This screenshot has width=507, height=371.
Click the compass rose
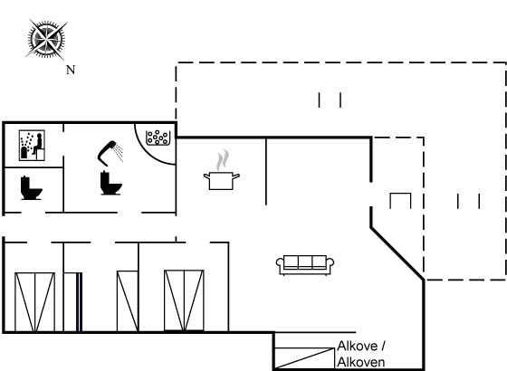(x=46, y=40)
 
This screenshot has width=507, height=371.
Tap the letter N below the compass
(x=71, y=70)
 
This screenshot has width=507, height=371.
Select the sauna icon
(x=32, y=145)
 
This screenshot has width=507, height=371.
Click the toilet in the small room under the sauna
(x=31, y=188)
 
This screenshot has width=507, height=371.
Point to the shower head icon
(x=110, y=153)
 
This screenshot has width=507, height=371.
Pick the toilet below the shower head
(x=110, y=183)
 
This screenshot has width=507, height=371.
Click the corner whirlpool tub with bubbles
(x=158, y=138)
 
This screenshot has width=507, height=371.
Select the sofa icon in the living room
(x=305, y=265)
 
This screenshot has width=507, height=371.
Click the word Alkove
(x=358, y=346)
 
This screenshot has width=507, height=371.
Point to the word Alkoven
(x=361, y=362)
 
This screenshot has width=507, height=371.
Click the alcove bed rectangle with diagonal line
(x=304, y=358)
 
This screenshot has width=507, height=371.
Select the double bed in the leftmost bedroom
(x=34, y=302)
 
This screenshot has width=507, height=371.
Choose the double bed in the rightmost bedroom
(x=184, y=300)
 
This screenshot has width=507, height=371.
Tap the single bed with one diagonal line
(x=128, y=301)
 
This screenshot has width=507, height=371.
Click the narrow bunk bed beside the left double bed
(x=72, y=302)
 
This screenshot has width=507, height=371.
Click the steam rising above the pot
(x=223, y=159)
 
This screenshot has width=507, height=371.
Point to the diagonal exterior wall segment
(x=397, y=253)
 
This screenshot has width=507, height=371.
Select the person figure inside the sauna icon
(x=37, y=144)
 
